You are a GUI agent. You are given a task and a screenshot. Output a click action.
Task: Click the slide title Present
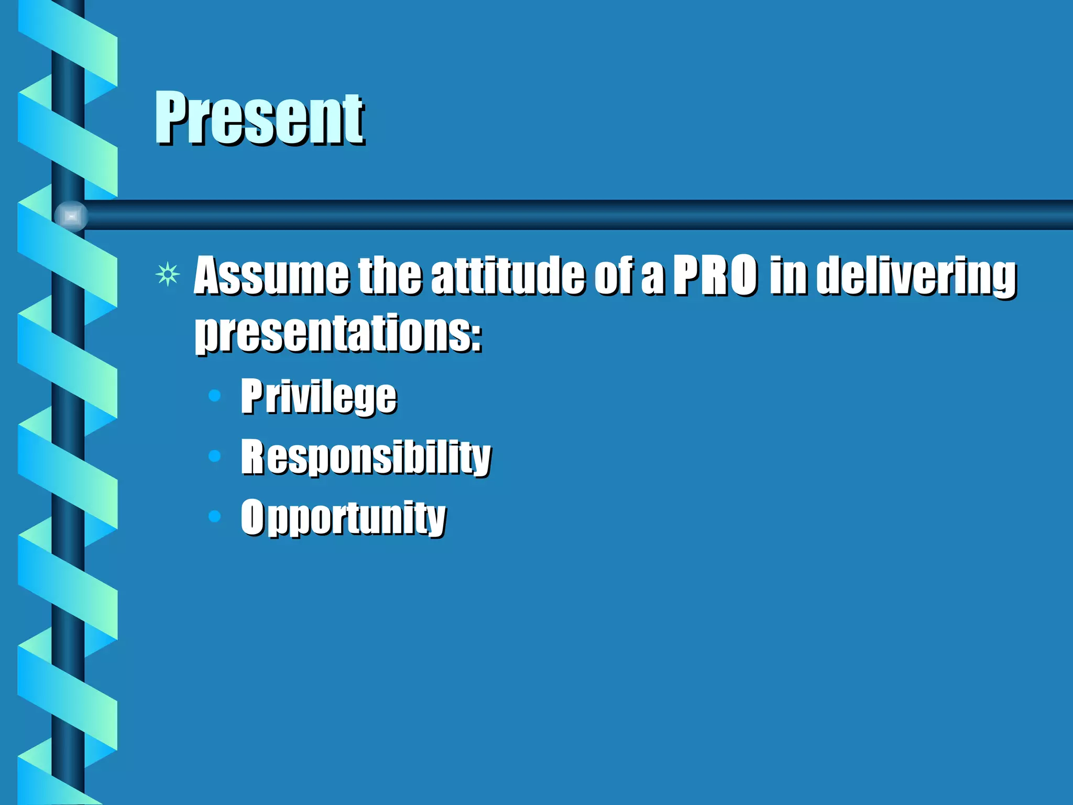[x=259, y=118]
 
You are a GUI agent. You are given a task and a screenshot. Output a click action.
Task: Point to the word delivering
[x=916, y=276]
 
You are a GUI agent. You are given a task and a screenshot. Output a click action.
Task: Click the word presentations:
[x=338, y=334]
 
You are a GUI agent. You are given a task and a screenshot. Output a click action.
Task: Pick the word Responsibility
[x=366, y=457]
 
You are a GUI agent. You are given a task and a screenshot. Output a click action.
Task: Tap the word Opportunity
[x=343, y=517]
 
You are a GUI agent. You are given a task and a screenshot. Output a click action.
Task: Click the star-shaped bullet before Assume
[x=168, y=274]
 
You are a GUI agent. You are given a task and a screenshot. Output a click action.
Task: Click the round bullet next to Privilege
[x=214, y=395]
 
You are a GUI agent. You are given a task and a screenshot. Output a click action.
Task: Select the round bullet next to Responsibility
[x=214, y=456]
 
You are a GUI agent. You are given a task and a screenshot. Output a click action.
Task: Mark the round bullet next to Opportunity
[x=214, y=517]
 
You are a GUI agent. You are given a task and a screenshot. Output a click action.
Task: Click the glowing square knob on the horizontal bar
[x=71, y=216]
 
